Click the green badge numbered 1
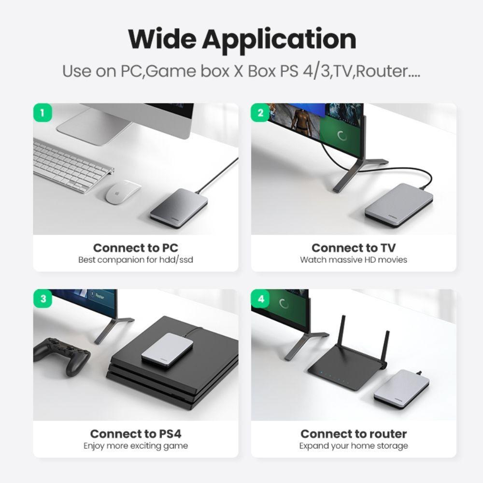[43, 113]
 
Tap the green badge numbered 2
[261, 113]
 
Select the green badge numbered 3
[43, 298]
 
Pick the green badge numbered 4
[261, 298]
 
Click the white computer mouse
[124, 191]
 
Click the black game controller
[63, 355]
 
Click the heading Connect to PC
[136, 248]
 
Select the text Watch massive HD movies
[354, 260]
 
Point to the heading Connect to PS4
[136, 434]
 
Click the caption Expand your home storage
[354, 446]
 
